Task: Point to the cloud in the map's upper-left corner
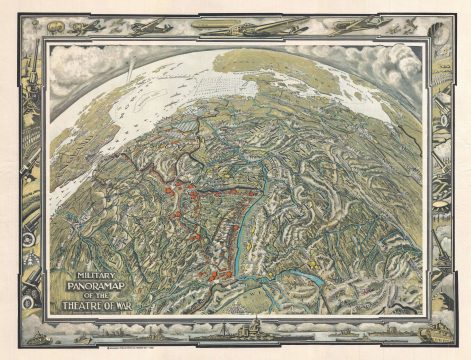pos(75,75)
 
